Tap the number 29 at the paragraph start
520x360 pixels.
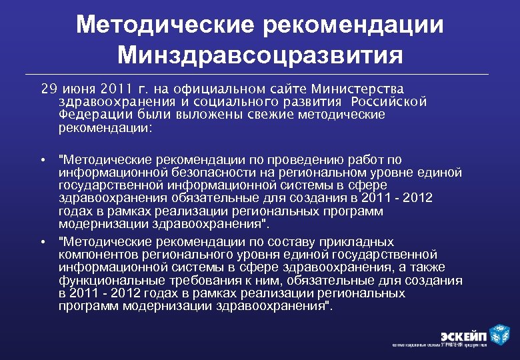click(48, 89)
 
